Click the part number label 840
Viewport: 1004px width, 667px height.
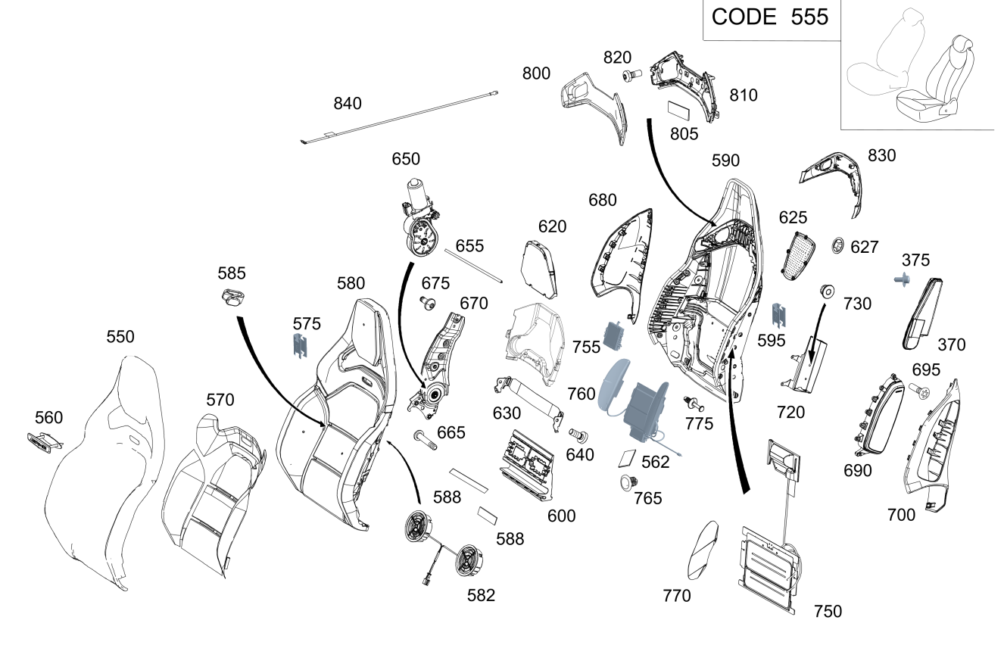348,104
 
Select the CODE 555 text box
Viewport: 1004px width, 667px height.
770,17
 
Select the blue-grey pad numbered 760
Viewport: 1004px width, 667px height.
614,385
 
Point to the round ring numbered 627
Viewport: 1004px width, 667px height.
838,245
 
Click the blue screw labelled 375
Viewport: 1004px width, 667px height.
903,280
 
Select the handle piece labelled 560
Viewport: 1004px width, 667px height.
45,441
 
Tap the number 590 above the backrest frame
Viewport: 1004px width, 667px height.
725,161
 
